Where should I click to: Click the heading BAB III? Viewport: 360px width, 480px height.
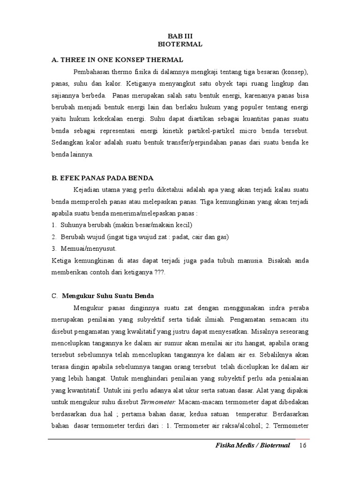pos(180,36)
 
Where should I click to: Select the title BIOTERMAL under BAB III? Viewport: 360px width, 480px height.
pos(180,44)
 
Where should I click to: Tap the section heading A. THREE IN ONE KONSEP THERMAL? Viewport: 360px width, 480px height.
pos(117,60)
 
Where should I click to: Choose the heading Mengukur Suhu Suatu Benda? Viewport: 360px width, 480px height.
pos(108,296)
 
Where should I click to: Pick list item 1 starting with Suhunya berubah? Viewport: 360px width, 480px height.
pos(124,225)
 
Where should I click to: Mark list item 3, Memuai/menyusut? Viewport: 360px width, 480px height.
pos(87,248)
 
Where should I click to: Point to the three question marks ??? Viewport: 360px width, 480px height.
pos(160,272)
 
